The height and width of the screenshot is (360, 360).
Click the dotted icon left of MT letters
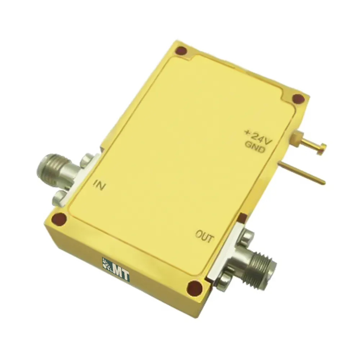point(107,265)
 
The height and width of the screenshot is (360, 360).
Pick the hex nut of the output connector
point(242,256)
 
